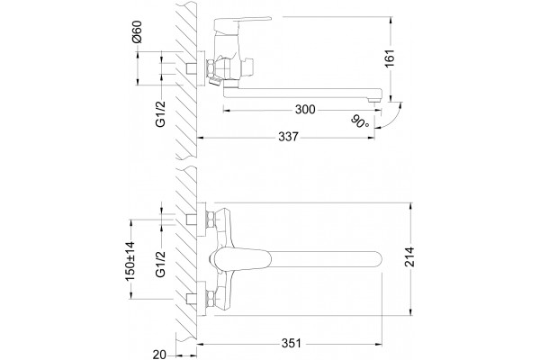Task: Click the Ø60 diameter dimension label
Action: point(137,31)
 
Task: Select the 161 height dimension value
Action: point(390,58)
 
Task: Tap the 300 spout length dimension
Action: point(305,110)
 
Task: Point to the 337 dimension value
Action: point(288,137)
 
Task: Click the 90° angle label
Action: point(360,121)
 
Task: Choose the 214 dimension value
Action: point(409,256)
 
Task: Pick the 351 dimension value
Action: point(292,343)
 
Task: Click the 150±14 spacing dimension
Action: point(130,261)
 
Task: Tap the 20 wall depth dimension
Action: point(160,354)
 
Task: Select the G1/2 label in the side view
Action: point(161,114)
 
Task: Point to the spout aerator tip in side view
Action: point(374,100)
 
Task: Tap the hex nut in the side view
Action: point(210,67)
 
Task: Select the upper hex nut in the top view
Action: point(210,220)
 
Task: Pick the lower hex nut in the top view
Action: point(210,299)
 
